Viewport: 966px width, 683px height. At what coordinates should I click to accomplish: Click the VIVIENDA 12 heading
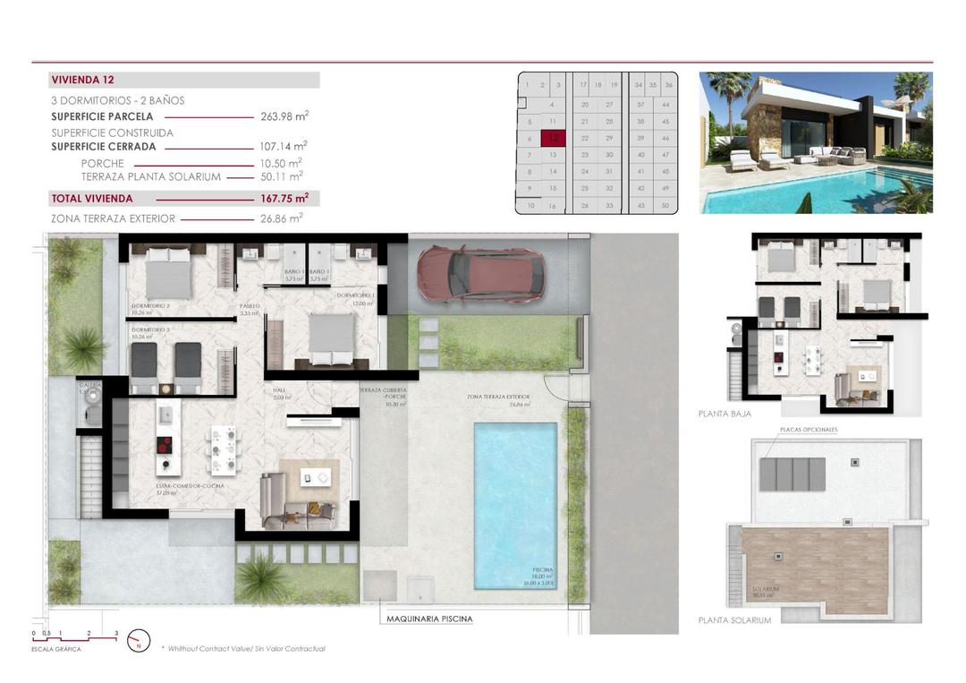click(x=83, y=80)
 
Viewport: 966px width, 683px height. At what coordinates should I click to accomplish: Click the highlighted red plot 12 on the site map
click(x=555, y=138)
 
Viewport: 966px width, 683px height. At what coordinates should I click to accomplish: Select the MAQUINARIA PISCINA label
click(x=429, y=619)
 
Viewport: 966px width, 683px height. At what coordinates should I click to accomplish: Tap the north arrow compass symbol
click(x=139, y=640)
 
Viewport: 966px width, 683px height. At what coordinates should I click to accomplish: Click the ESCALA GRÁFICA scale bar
click(x=75, y=635)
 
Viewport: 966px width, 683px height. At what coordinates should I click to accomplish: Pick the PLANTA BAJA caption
click(x=724, y=414)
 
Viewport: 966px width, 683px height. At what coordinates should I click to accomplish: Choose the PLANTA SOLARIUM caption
click(x=734, y=619)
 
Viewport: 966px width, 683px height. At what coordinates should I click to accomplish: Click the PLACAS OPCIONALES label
click(x=809, y=430)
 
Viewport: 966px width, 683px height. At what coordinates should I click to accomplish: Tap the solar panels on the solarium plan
click(x=792, y=474)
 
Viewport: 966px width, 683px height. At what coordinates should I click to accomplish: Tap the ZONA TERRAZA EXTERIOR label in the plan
click(x=498, y=396)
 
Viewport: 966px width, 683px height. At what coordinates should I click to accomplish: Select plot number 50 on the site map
click(x=665, y=205)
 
